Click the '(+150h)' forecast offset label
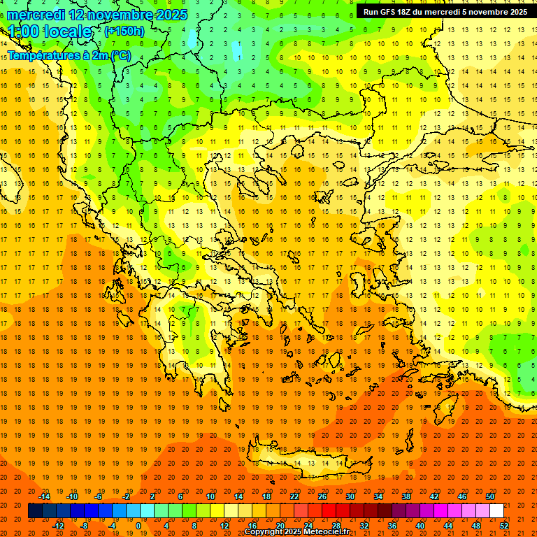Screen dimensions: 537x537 coord(124,31)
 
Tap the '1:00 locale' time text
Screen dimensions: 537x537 coord(50,31)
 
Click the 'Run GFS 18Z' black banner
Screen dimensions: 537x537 coord(445,12)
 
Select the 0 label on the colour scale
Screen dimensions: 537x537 coord(138,526)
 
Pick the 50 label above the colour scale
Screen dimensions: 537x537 coord(490,496)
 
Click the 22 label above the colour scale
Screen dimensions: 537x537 coord(295,496)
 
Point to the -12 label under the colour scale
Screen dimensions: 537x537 coord(58,526)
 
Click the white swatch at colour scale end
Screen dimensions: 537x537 coord(496,511)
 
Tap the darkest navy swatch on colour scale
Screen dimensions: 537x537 coord(35,511)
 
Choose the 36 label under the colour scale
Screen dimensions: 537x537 coord(392,526)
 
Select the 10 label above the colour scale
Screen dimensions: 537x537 coord(210,496)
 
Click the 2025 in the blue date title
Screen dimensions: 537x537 coord(172,15)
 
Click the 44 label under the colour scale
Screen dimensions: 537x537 coord(448,526)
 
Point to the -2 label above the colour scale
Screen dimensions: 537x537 coord(127,496)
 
